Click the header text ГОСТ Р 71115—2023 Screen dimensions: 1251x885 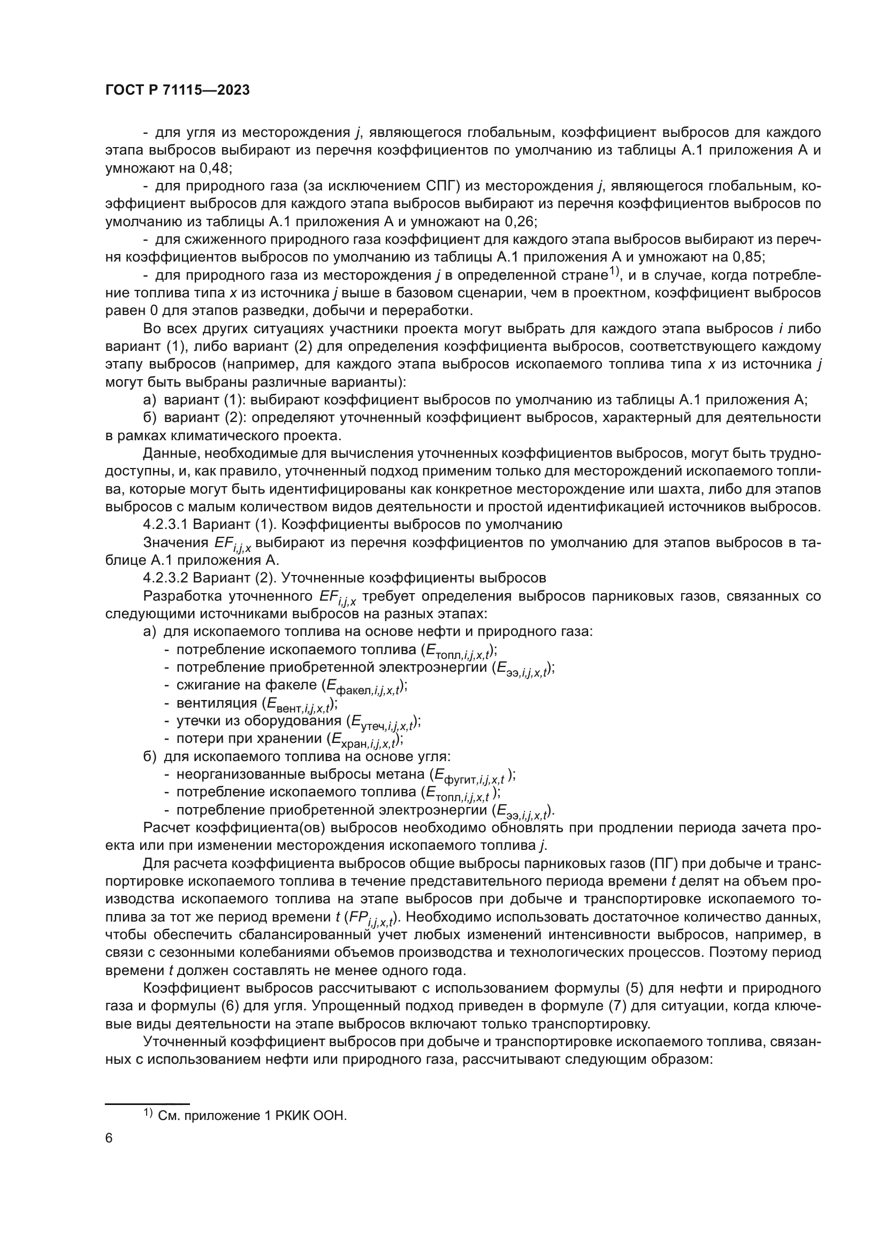tap(177, 90)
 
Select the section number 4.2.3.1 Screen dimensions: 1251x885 tap(166, 525)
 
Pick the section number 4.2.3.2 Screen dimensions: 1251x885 tap(166, 578)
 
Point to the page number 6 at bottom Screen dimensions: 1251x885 tap(109, 1139)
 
